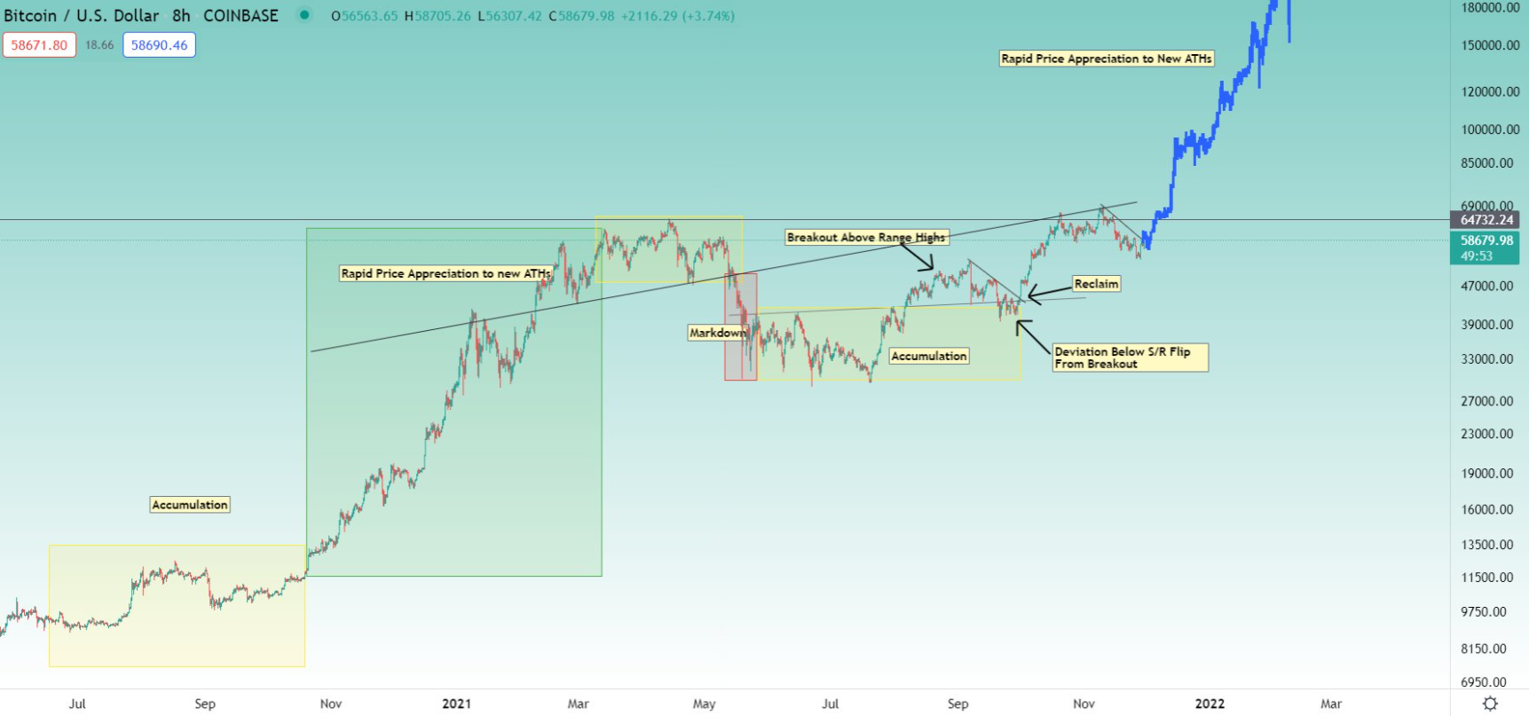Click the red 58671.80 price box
pos(39,45)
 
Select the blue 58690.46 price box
pos(159,45)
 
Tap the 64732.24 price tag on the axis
pos(1486,220)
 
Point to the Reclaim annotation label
pos(1096,284)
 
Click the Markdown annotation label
pos(717,333)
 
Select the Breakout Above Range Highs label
pos(866,237)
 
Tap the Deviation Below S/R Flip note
pos(1130,358)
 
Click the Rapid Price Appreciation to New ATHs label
pos(1106,59)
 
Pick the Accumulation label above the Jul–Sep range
pos(190,505)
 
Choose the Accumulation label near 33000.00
pos(928,356)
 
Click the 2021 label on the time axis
pos(456,704)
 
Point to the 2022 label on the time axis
pos(1210,704)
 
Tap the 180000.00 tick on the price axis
pos(1490,8)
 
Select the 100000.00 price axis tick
pos(1490,130)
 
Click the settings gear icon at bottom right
pos(1490,704)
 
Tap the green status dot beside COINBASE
pos(304,15)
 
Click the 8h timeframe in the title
pos(181,15)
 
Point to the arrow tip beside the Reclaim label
pos(1029,295)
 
